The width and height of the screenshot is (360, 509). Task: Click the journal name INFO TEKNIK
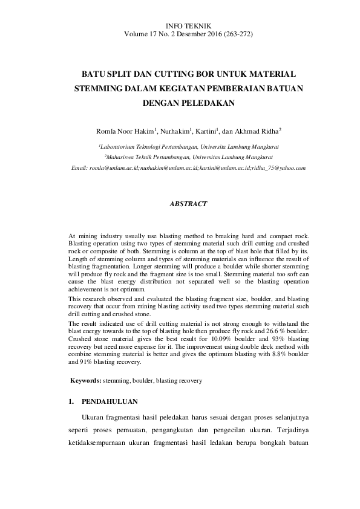click(188, 26)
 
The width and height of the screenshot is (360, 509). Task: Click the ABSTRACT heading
click(188, 204)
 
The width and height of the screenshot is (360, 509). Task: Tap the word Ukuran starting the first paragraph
click(93, 418)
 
